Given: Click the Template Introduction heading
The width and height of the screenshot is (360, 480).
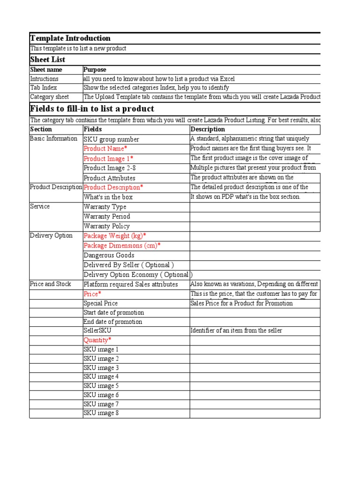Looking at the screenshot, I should tap(70, 38).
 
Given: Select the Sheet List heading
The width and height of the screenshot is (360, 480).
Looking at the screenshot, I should tap(47, 60).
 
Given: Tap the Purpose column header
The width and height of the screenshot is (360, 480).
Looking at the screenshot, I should tap(95, 70).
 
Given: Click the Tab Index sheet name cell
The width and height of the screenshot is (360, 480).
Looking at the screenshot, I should tap(44, 88).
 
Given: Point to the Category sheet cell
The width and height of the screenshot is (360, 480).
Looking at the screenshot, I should tap(49, 97).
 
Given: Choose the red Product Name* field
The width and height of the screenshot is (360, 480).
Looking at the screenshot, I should tap(105, 149).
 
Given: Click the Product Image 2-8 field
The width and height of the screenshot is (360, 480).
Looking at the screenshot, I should tap(110, 168).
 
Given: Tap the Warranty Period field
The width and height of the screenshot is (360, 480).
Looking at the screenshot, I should tap(107, 217).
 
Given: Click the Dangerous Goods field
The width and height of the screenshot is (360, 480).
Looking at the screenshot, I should tap(109, 255).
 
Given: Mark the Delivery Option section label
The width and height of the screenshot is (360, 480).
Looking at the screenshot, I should tap(51, 236).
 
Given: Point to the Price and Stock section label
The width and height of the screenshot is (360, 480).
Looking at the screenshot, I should tap(51, 284).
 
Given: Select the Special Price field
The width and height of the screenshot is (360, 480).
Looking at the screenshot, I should tap(101, 303).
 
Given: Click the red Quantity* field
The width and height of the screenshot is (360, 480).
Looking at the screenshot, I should tap(97, 340).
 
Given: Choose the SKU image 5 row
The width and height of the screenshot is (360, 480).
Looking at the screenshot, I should tap(101, 386).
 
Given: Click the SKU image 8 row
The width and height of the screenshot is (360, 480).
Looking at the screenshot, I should tap(101, 413).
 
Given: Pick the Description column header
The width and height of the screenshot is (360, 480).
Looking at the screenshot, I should tap(208, 129).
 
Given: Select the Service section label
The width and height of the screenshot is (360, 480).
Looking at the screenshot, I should tap(40, 206).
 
